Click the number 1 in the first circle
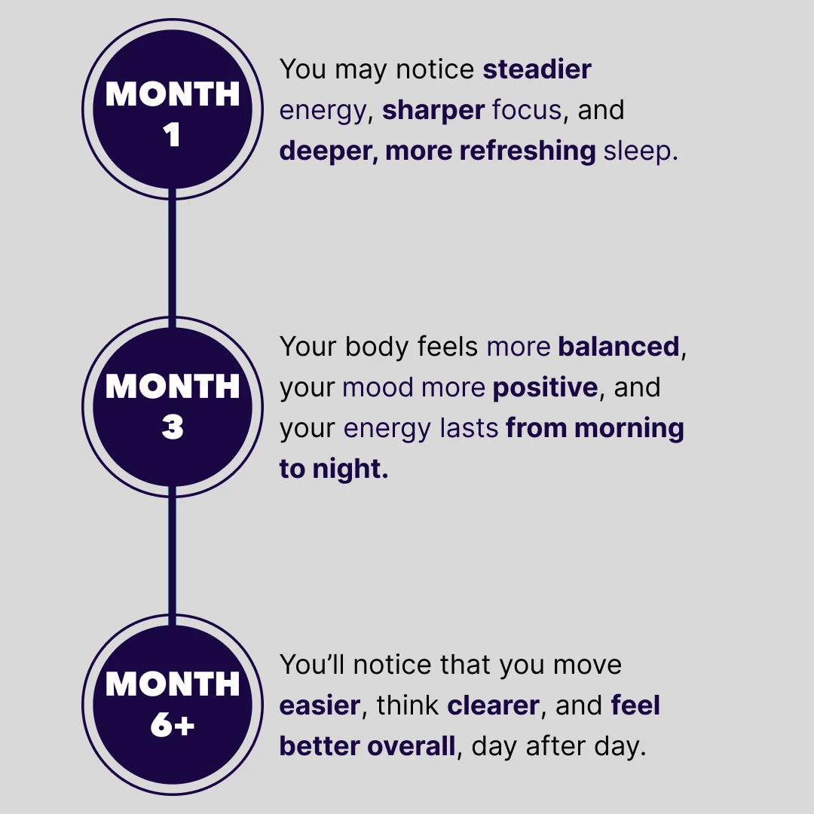(172, 134)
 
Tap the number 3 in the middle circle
(173, 427)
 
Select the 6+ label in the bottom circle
(173, 724)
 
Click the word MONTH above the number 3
(173, 386)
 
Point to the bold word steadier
(537, 69)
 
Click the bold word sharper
(433, 110)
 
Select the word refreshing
(528, 151)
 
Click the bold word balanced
(618, 346)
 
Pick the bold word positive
(545, 387)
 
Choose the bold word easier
(320, 705)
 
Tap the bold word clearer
(493, 705)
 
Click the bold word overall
(412, 746)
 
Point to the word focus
(526, 110)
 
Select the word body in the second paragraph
(377, 347)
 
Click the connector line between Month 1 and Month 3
(173, 258)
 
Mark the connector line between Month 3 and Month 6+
(173, 555)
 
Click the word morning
(629, 429)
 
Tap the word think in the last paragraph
(408, 705)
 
